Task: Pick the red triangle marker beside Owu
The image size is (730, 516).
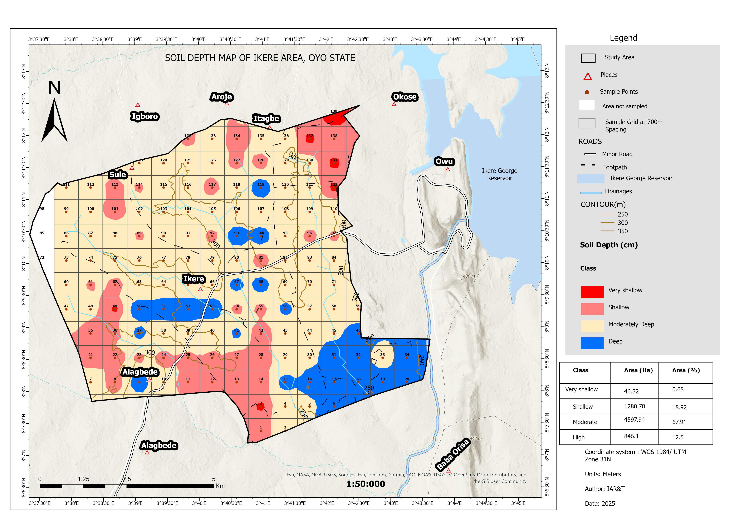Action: (448, 169)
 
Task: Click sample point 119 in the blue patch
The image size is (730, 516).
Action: (261, 187)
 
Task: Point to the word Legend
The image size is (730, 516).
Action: (623, 38)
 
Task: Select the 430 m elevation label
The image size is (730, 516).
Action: (469, 276)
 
